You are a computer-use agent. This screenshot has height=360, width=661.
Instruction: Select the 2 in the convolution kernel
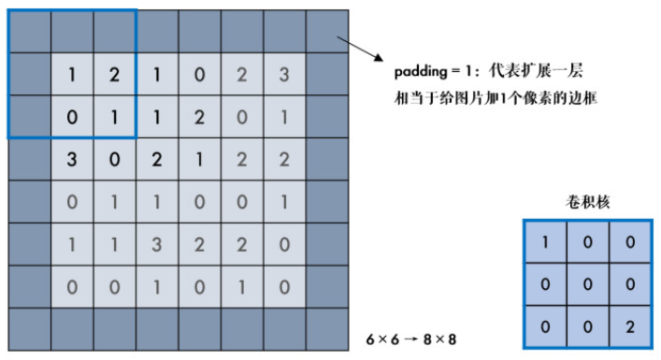pyautogui.click(x=630, y=327)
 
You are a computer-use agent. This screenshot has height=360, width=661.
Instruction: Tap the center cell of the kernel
pyautogui.click(x=587, y=285)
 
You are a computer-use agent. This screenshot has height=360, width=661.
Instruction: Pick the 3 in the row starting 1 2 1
pyautogui.click(x=284, y=75)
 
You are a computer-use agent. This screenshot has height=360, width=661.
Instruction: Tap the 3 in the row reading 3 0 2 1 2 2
pyautogui.click(x=72, y=160)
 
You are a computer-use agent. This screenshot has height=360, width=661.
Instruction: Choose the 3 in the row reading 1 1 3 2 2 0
pyautogui.click(x=157, y=244)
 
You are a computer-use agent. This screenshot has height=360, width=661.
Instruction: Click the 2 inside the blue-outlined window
pyautogui.click(x=114, y=75)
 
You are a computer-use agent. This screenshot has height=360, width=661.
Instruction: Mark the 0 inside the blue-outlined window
pyautogui.click(x=72, y=118)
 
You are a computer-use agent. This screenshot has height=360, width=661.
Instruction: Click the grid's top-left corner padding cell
pyautogui.click(x=29, y=32)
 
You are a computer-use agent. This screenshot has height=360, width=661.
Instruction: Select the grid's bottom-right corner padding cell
pyautogui.click(x=327, y=329)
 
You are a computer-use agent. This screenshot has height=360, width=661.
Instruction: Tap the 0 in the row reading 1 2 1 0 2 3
pyautogui.click(x=199, y=75)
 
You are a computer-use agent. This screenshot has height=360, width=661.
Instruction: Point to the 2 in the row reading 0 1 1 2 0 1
pyautogui.click(x=199, y=118)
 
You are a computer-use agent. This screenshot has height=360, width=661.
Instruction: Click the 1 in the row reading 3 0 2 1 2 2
pyautogui.click(x=199, y=160)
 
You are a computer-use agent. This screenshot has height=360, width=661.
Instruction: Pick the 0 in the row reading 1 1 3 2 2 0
pyautogui.click(x=284, y=244)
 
